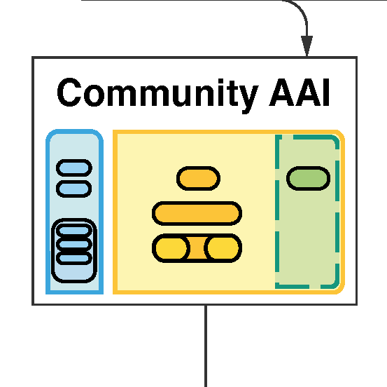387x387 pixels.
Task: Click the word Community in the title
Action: tap(157, 95)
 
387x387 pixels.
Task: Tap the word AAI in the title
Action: tap(300, 93)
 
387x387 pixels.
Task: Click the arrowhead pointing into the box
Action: tap(307, 46)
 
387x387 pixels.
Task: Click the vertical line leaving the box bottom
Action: tap(206, 346)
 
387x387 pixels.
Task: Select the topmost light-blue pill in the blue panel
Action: tap(74, 168)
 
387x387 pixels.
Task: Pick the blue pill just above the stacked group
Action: tap(74, 189)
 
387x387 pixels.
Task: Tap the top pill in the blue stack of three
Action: tap(74, 231)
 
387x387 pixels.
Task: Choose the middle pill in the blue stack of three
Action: tap(74, 244)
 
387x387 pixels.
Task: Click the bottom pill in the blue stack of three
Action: tap(74, 258)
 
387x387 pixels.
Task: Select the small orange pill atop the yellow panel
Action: tap(199, 178)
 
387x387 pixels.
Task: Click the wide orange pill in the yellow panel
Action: tap(197, 213)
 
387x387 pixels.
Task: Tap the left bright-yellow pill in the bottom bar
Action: tap(171, 248)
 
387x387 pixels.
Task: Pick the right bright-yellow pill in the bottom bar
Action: tap(223, 248)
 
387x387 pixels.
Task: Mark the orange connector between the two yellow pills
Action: tap(197, 248)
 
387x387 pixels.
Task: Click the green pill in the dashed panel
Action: tap(308, 178)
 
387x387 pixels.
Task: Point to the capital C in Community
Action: tap(69, 93)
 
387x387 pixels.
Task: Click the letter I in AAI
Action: tap(326, 93)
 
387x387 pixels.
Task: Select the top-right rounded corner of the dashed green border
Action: tap(335, 139)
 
